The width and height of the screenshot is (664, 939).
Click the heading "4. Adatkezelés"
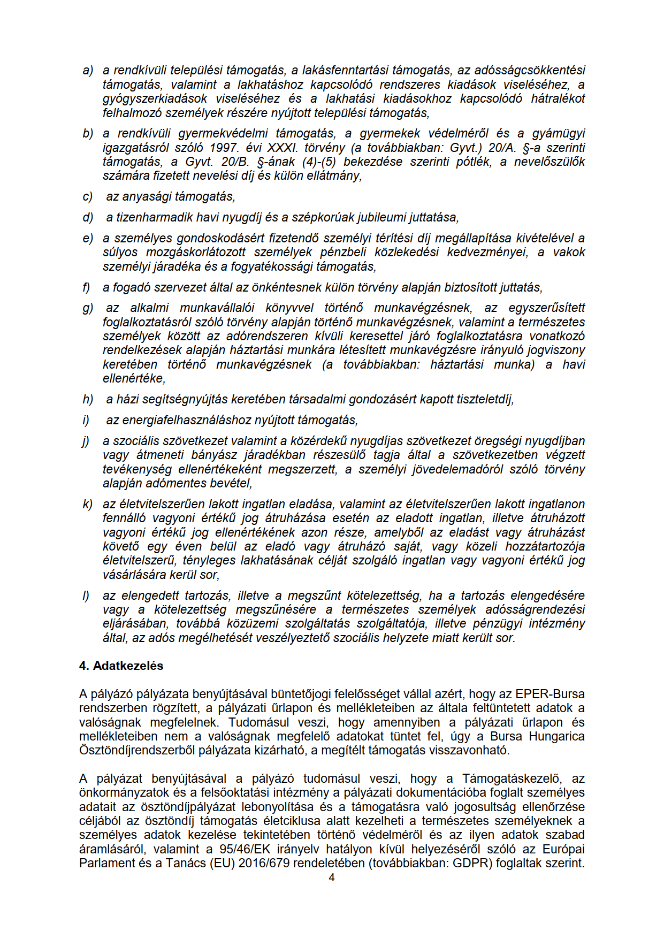click(x=121, y=666)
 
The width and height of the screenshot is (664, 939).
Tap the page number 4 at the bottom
click(x=332, y=877)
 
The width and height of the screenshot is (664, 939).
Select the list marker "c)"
click(x=88, y=197)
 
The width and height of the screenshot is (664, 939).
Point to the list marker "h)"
click(x=88, y=399)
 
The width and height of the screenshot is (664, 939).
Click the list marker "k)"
click(x=88, y=504)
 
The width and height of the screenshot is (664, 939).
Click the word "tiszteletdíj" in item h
click(x=483, y=399)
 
